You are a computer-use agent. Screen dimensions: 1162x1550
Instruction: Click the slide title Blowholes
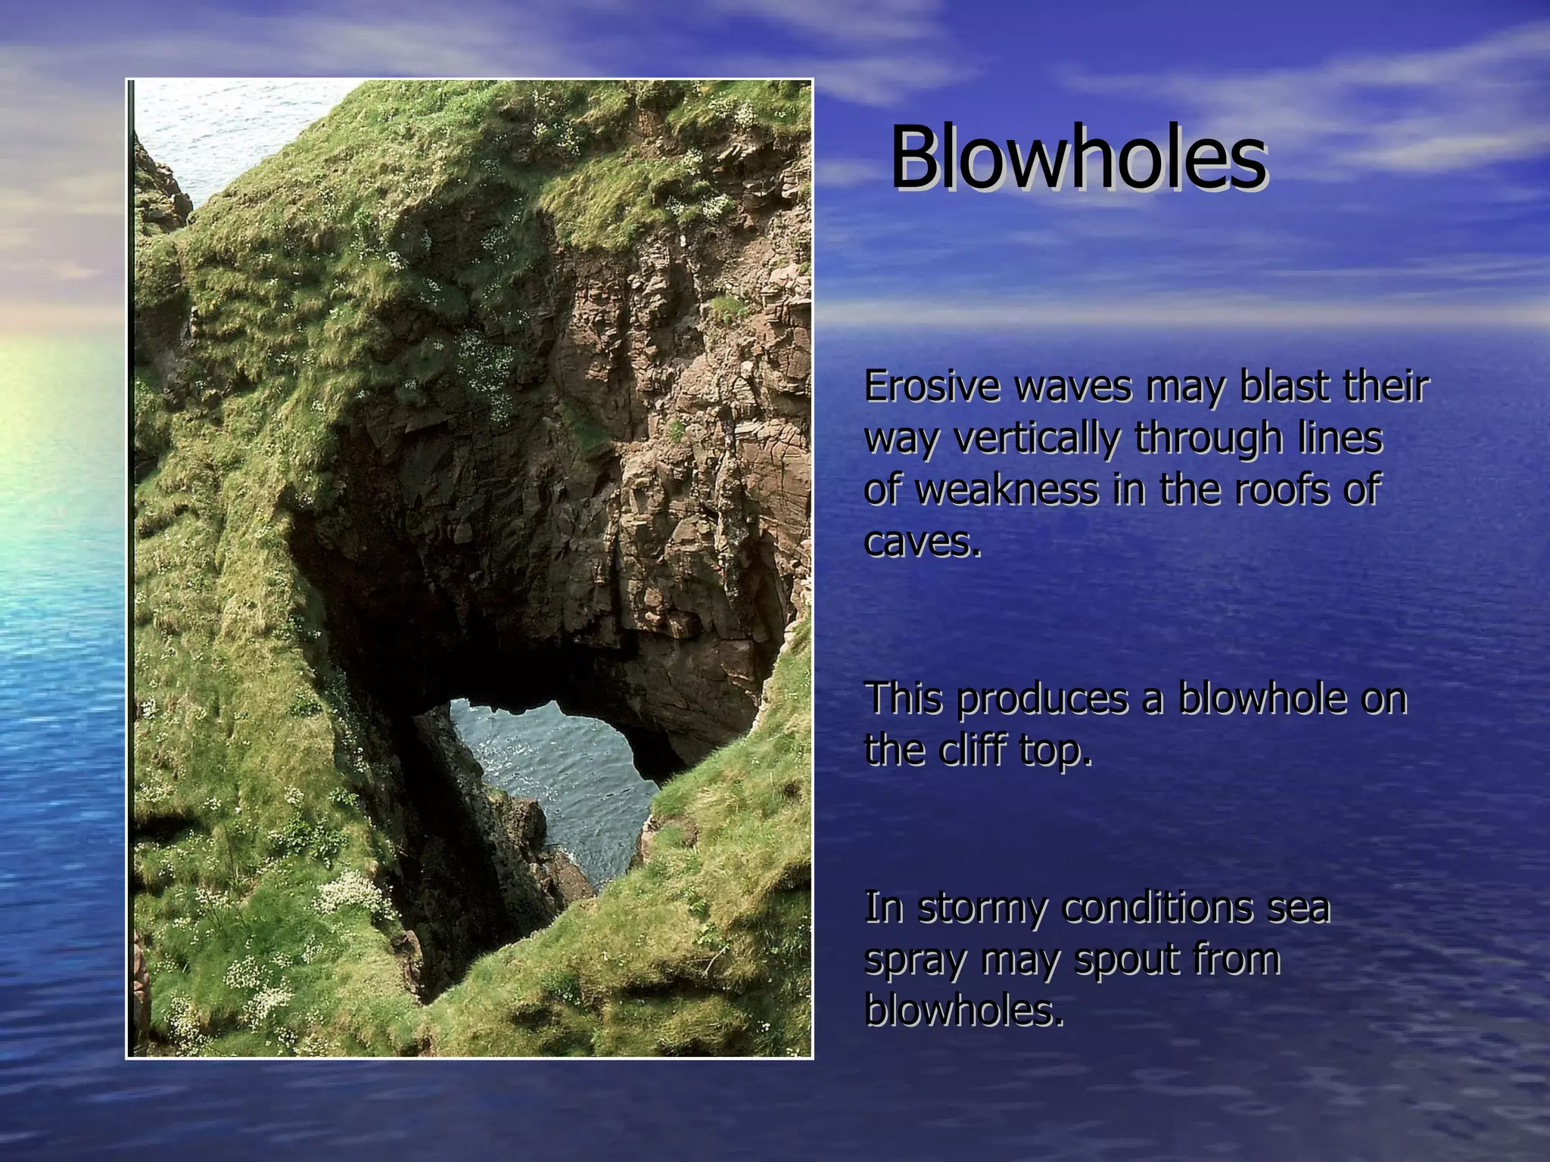(1078, 159)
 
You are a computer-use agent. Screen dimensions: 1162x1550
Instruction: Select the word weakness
(1007, 489)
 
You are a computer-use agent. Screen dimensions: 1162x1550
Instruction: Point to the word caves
(922, 542)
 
